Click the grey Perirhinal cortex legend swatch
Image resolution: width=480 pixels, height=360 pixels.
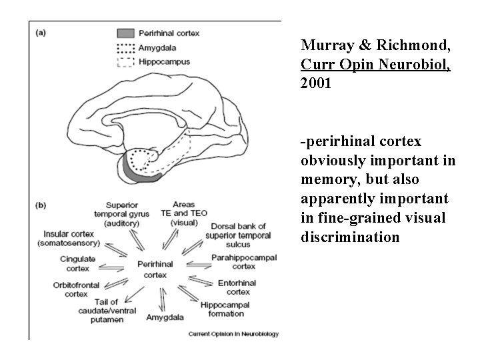(125, 34)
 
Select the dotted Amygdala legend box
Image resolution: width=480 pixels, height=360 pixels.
(125, 48)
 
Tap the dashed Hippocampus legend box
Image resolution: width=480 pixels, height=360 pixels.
(125, 62)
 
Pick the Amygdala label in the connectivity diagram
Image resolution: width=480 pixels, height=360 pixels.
(162, 317)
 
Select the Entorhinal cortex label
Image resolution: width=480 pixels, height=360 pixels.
(237, 287)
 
